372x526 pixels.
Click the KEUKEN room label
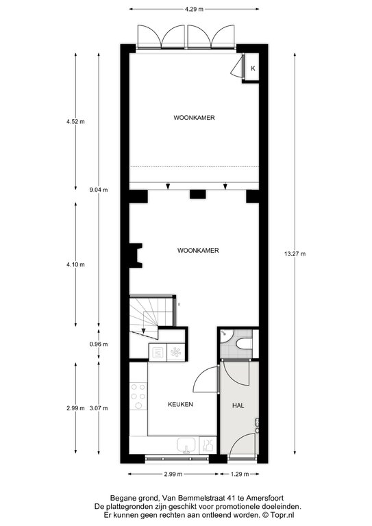180,404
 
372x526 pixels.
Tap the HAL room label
238,405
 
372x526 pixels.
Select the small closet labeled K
251,67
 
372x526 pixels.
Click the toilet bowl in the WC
244,344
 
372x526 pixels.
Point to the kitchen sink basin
186,445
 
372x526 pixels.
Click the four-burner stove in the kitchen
138,397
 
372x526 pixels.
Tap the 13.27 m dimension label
295,254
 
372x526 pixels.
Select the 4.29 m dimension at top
194,10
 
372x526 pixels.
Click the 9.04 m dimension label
99,190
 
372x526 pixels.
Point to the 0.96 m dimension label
99,344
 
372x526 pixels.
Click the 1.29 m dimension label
240,474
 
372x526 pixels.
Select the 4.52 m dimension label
75,121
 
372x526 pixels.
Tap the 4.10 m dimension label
75,264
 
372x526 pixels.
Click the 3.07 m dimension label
99,408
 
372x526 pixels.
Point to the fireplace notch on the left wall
136,255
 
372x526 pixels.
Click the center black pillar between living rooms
198,195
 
